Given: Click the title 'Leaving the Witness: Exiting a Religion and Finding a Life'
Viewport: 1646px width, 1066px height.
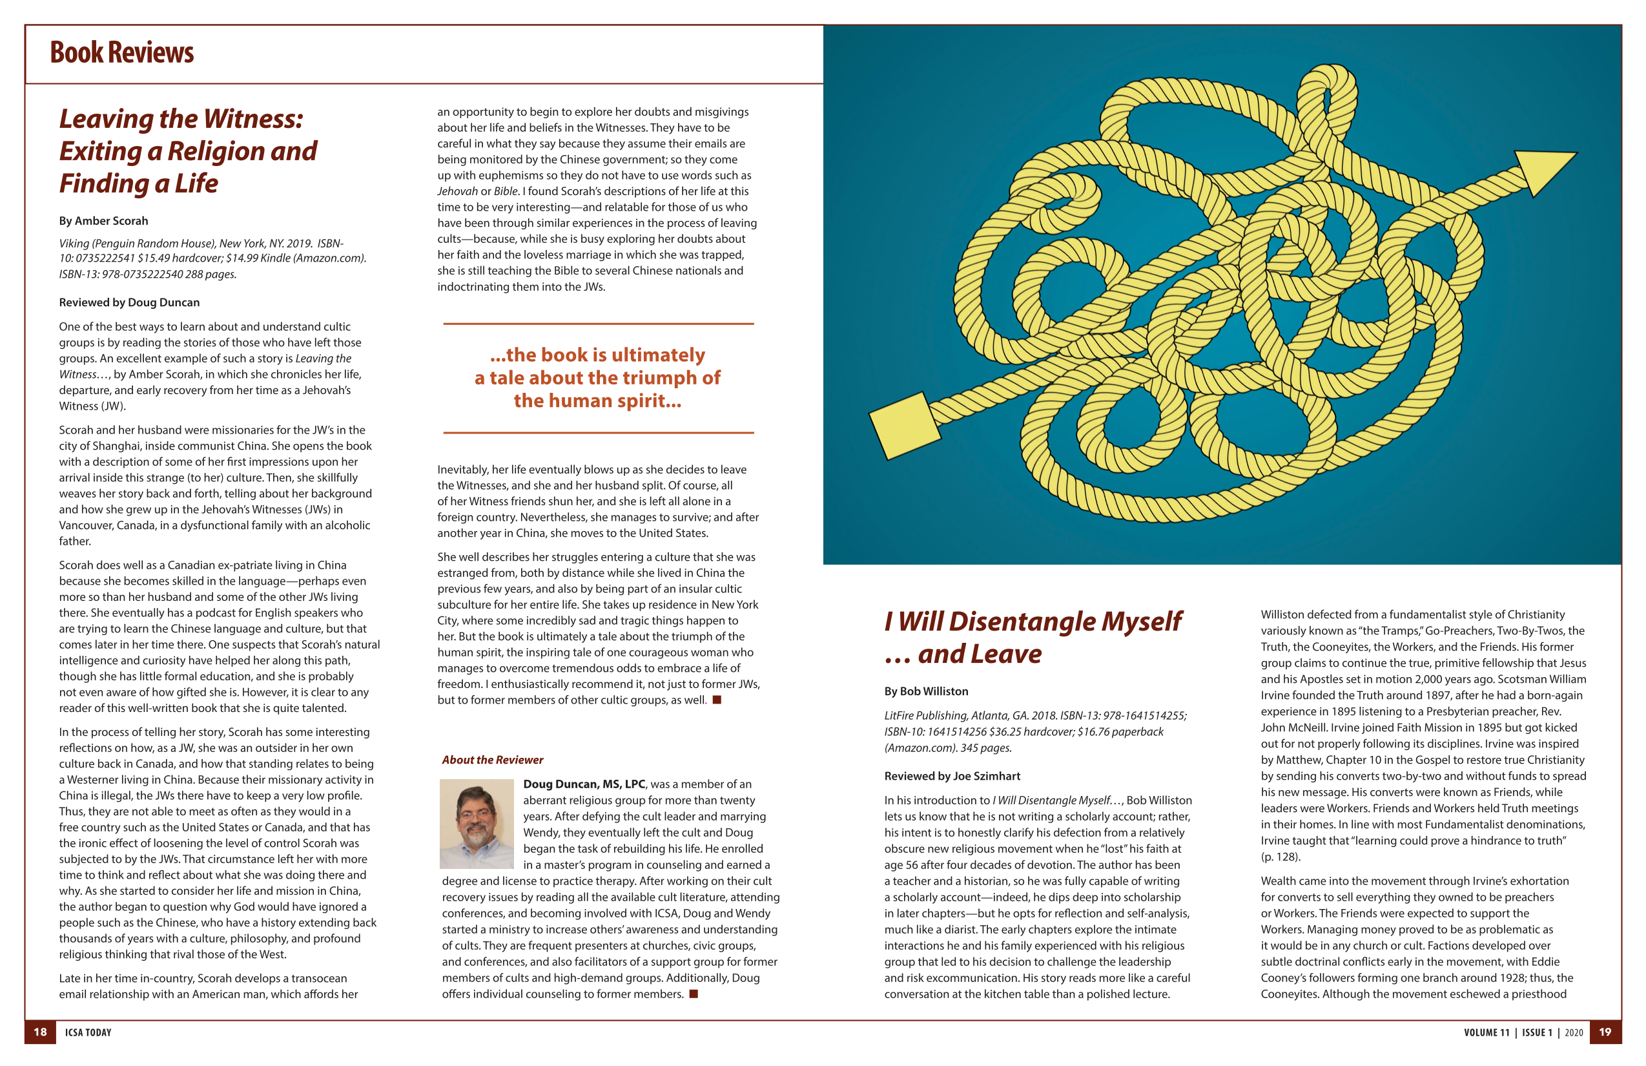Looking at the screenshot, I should [187, 151].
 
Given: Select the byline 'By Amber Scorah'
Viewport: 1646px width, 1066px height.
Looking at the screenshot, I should [103, 221].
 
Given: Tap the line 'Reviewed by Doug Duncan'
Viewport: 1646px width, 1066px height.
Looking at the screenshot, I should [129, 302].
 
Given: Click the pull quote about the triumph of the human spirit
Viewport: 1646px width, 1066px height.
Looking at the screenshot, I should [597, 378].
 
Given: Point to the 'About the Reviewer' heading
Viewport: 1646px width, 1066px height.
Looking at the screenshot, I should [493, 760].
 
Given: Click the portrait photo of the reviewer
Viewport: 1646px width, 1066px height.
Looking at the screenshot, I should [477, 823].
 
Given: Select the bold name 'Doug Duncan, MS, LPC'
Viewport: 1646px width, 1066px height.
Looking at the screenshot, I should [584, 784].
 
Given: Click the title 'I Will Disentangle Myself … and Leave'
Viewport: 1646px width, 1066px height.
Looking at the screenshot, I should [1033, 637].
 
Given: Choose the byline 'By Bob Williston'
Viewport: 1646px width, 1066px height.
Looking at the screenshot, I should [926, 691].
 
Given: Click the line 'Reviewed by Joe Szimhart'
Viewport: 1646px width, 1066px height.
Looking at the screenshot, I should [952, 776].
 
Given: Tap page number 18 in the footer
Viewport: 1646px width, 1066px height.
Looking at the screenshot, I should [40, 1032].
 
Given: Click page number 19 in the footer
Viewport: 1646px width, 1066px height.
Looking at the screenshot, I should [1605, 1032].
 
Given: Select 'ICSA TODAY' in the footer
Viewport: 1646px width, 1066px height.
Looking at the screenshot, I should [88, 1033].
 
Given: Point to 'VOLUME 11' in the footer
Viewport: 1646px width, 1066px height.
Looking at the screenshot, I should [1487, 1033].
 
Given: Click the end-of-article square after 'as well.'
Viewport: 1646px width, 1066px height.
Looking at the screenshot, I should [717, 700].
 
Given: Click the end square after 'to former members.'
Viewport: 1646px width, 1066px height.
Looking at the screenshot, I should [694, 994].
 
